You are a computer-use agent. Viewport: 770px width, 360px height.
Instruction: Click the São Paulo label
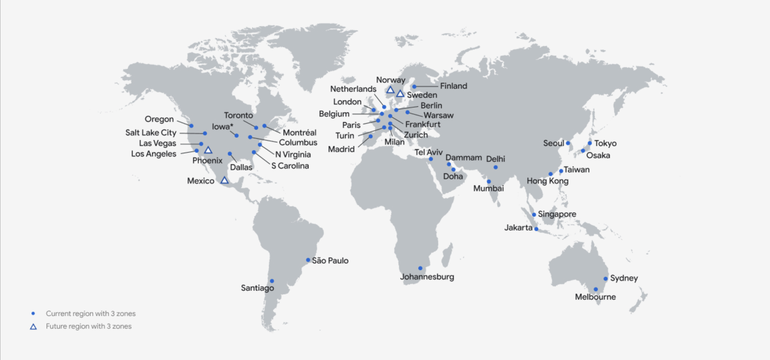(x=330, y=260)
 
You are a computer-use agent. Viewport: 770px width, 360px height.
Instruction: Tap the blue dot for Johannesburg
(x=420, y=268)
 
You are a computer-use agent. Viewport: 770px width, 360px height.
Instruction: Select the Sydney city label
(x=623, y=278)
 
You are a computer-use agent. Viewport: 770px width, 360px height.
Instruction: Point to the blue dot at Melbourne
(x=596, y=289)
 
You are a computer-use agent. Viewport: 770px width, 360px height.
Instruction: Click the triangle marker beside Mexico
(x=225, y=180)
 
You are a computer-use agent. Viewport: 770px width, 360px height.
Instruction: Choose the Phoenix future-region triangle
(x=208, y=150)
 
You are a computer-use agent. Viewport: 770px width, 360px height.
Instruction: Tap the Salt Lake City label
(x=151, y=133)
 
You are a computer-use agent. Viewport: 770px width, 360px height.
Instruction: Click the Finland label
(x=453, y=86)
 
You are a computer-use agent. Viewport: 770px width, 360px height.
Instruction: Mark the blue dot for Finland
(x=414, y=86)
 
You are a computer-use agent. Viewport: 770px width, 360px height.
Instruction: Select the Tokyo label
(x=605, y=143)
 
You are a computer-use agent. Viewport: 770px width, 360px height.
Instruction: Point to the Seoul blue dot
(x=568, y=143)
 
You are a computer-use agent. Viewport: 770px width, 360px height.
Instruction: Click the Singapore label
(x=557, y=214)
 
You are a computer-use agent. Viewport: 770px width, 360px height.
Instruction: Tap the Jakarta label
(x=518, y=228)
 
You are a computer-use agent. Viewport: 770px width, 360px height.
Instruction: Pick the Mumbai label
(x=488, y=188)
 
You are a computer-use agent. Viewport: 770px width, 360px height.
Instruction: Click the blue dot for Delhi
(x=496, y=167)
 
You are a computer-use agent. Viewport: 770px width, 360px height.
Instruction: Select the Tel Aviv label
(x=428, y=152)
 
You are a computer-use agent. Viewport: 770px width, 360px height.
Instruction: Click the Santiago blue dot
(x=272, y=281)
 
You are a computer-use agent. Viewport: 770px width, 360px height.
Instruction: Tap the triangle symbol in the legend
(x=33, y=327)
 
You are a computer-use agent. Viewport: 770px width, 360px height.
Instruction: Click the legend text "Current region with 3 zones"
(x=90, y=313)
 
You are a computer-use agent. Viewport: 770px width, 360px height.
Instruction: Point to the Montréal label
(x=299, y=133)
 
